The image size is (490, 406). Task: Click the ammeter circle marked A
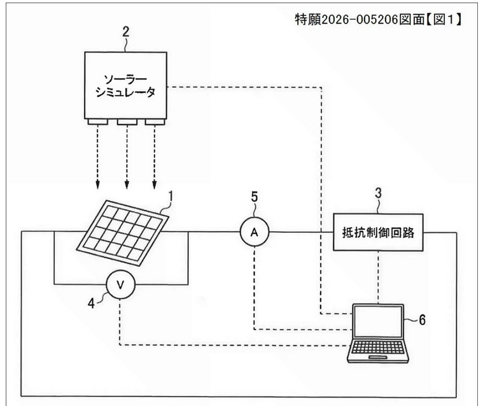(254, 234)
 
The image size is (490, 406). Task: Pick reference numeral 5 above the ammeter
(254, 197)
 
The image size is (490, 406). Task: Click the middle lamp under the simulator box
(126, 122)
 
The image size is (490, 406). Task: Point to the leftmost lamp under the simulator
(99, 122)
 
